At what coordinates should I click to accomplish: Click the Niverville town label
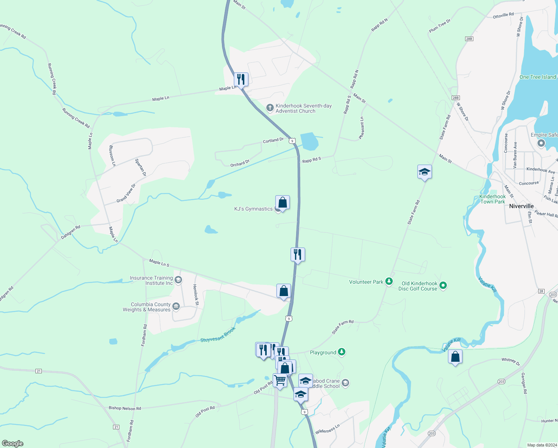521,206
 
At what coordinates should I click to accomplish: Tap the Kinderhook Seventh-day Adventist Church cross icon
270,108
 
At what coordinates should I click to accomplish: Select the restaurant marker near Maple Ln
241,80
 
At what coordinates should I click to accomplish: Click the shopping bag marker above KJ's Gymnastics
282,203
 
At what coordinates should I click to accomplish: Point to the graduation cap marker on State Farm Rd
424,172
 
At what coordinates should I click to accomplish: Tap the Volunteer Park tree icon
389,281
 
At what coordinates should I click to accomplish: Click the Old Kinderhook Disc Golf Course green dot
443,286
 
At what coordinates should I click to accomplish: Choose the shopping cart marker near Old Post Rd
280,381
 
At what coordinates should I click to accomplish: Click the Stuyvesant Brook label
218,335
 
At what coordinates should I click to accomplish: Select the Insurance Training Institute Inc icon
178,280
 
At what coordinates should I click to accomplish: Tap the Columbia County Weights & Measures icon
176,307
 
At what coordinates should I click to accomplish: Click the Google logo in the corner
13,443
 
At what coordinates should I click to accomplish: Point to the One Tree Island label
537,77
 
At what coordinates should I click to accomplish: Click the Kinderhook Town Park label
492,199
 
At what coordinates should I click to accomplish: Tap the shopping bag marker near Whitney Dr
455,357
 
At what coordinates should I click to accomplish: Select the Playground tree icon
341,352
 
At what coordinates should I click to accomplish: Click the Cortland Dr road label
273,140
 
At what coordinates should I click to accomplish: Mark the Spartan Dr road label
141,167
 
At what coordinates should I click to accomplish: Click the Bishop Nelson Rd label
125,408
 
